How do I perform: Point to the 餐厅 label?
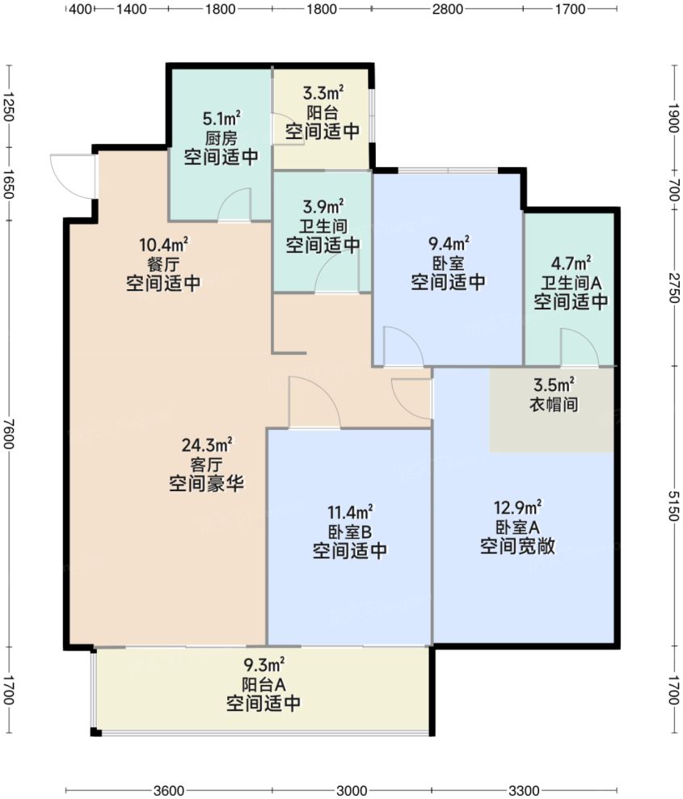click(163, 264)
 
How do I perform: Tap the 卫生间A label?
click(570, 283)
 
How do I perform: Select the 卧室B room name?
click(350, 532)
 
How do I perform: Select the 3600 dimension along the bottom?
click(167, 789)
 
